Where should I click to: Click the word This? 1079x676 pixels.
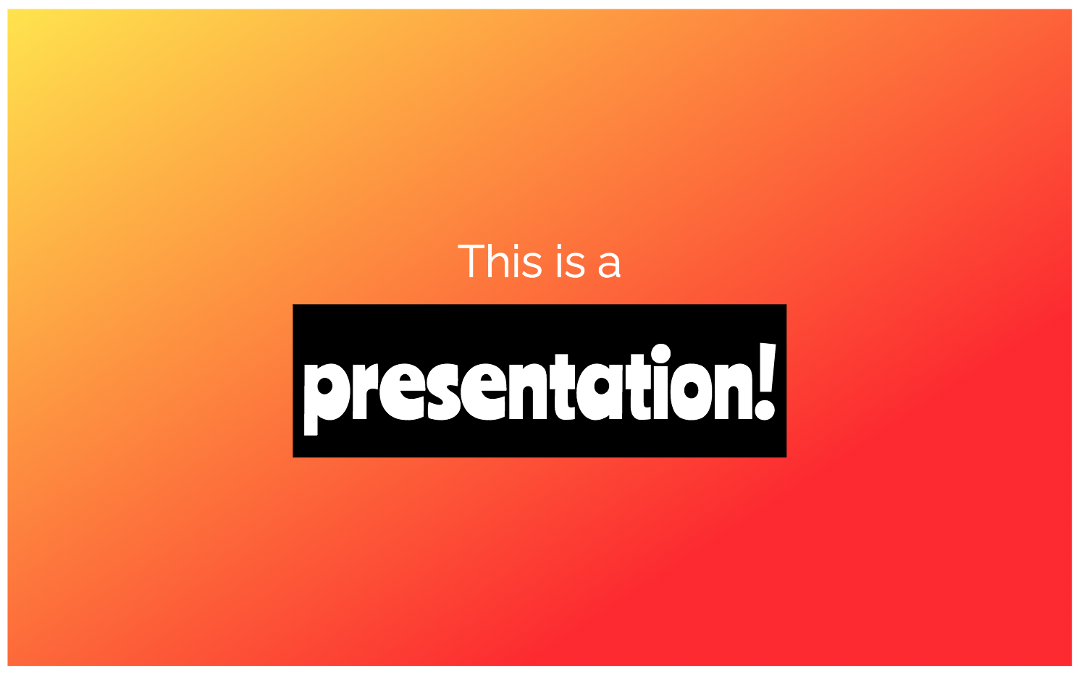pyautogui.click(x=500, y=261)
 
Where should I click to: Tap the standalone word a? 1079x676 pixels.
pyautogui.click(x=609, y=265)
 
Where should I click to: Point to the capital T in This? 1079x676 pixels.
pyautogui.click(x=471, y=261)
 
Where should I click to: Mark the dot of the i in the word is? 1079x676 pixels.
pyautogui.click(x=559, y=247)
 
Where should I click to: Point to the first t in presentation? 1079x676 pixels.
pyautogui.click(x=562, y=387)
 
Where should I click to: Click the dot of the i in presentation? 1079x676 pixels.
pyautogui.click(x=660, y=354)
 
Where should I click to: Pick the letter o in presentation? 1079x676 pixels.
pyautogui.click(x=691, y=392)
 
